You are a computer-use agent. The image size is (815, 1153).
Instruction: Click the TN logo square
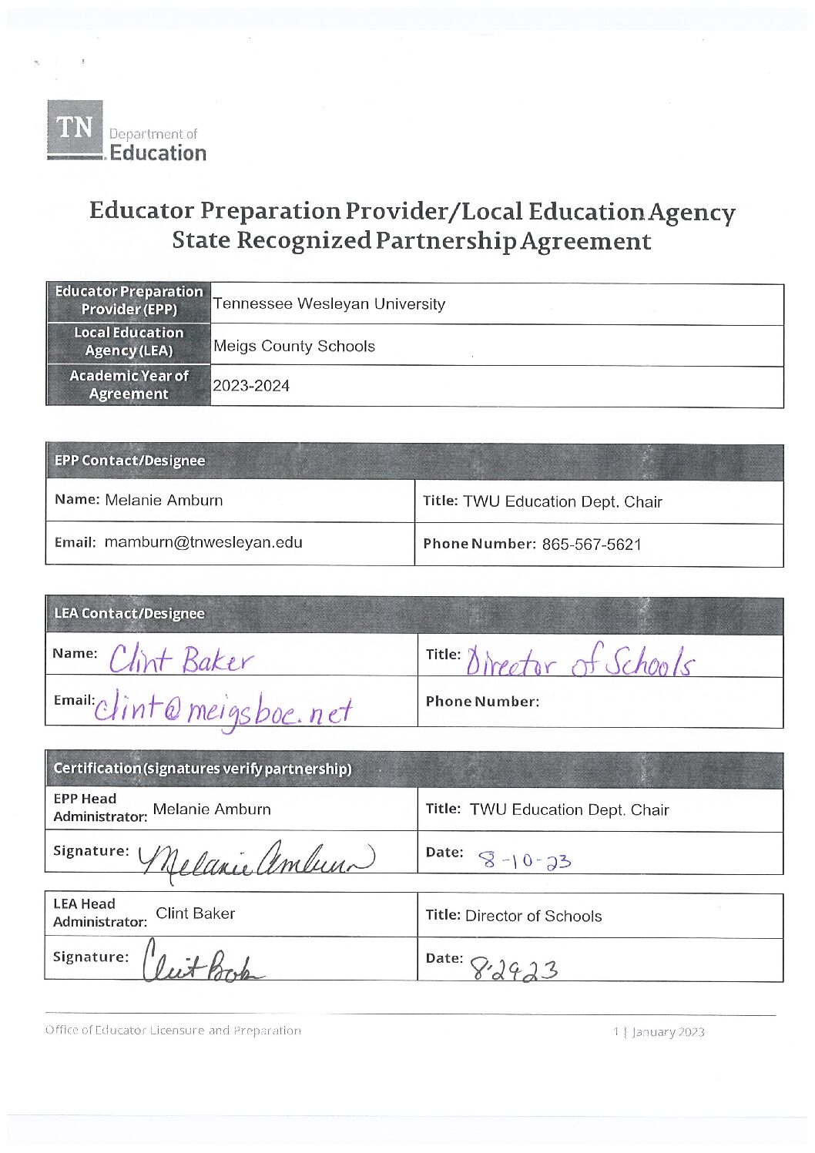pyautogui.click(x=75, y=128)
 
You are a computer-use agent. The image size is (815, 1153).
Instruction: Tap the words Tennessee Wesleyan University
pyautogui.click(x=329, y=304)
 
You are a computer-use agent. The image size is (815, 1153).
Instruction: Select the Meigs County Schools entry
pyautogui.click(x=294, y=347)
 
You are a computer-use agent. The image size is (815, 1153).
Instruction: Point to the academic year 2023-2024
pyautogui.click(x=251, y=386)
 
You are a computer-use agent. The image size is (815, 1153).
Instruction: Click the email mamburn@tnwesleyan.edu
pyautogui.click(x=203, y=542)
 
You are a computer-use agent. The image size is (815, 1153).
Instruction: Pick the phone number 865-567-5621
pyautogui.click(x=591, y=545)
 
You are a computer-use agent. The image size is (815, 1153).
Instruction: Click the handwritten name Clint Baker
pyautogui.click(x=181, y=661)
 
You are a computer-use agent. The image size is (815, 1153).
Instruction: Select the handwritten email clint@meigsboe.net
pyautogui.click(x=223, y=709)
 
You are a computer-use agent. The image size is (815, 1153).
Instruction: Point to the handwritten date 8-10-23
pyautogui.click(x=525, y=860)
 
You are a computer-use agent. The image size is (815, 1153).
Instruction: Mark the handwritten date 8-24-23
pyautogui.click(x=514, y=967)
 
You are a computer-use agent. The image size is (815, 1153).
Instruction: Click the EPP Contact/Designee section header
pyautogui.click(x=129, y=461)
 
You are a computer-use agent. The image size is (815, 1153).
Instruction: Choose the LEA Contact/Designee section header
pyautogui.click(x=129, y=614)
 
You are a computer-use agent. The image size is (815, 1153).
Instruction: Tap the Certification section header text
pyautogui.click(x=202, y=769)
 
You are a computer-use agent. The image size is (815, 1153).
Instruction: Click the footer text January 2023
pyautogui.click(x=668, y=1032)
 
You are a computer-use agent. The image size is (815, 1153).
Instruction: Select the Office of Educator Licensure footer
pyautogui.click(x=173, y=1031)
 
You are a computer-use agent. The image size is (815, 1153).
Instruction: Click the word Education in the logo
pyautogui.click(x=158, y=153)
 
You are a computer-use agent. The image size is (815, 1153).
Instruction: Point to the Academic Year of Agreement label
pyautogui.click(x=129, y=384)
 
